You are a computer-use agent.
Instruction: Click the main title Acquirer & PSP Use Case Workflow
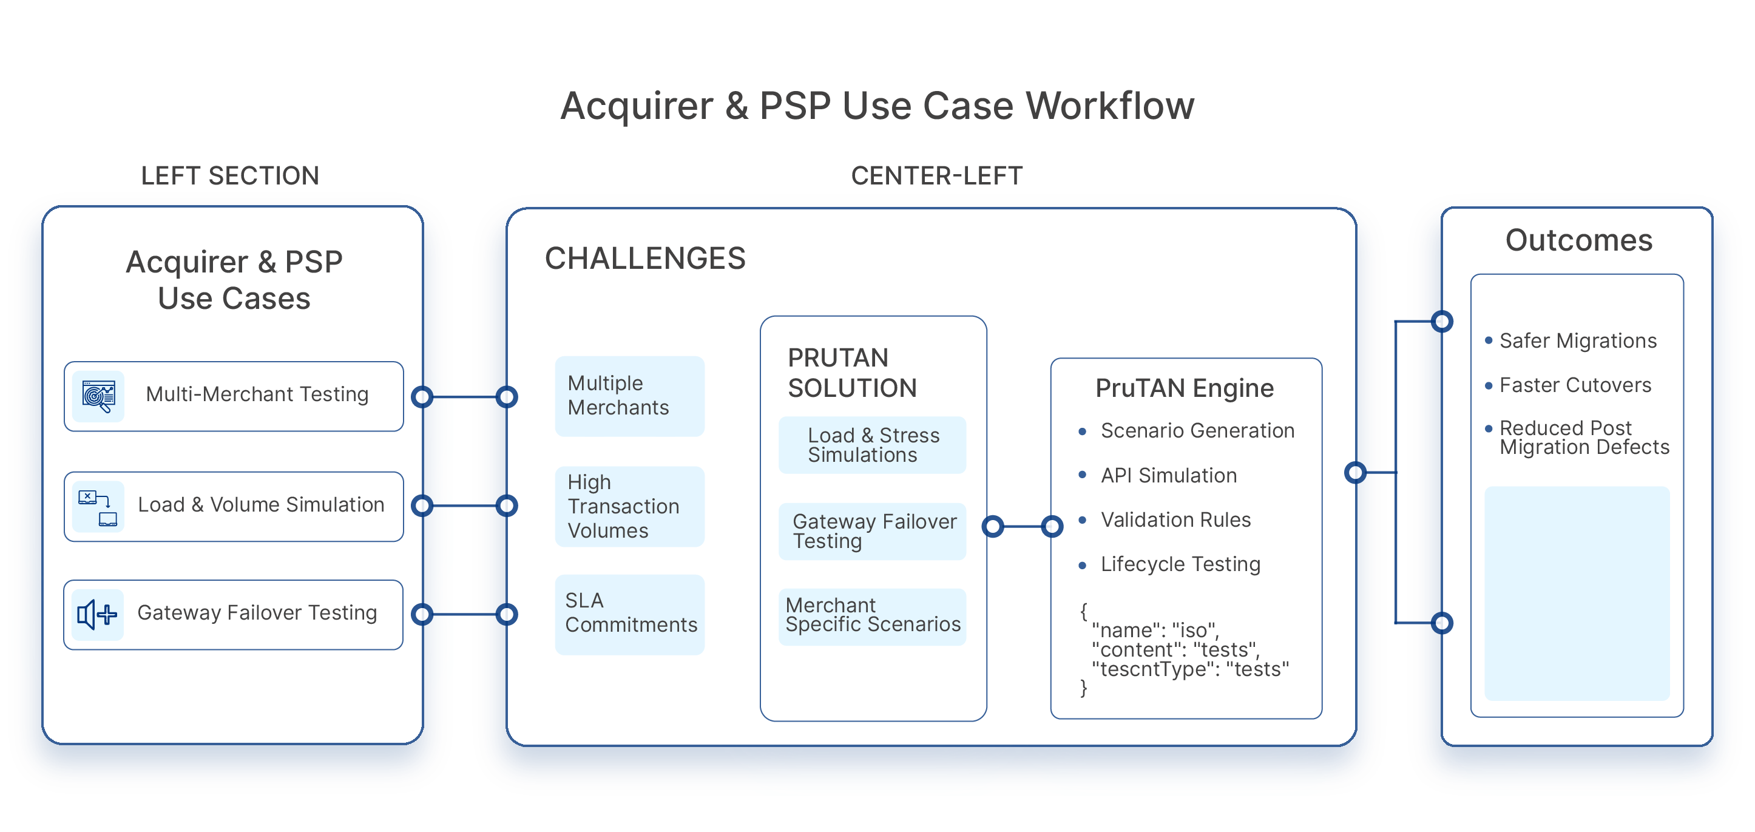tap(877, 106)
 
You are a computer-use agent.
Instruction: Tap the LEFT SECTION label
tap(229, 176)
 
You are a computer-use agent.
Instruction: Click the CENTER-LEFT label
tap(936, 176)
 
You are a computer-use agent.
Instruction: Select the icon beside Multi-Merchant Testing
tap(98, 396)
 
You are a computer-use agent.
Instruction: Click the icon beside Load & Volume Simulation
tap(98, 506)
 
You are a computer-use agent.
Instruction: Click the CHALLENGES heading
tap(644, 259)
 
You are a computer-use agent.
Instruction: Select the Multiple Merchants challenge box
tap(629, 396)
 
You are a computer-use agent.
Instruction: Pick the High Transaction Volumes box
tap(629, 506)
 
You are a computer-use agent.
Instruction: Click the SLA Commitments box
tap(629, 614)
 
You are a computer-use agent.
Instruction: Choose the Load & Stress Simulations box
tap(872, 445)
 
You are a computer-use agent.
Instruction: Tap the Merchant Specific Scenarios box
tap(872, 615)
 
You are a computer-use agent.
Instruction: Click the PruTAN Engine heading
tap(1184, 388)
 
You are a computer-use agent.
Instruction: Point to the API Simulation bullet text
tap(1168, 476)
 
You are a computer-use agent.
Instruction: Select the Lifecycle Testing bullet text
tap(1180, 564)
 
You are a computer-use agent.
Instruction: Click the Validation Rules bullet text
tap(1175, 520)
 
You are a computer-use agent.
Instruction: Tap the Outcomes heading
tap(1578, 240)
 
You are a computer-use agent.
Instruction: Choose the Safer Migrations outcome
tap(1577, 340)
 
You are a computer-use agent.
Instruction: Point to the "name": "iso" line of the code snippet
tap(1155, 631)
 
